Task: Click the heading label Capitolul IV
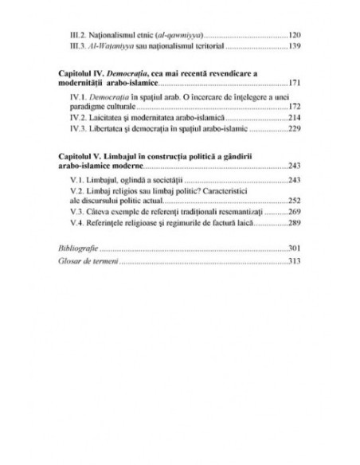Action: (x=82, y=72)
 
